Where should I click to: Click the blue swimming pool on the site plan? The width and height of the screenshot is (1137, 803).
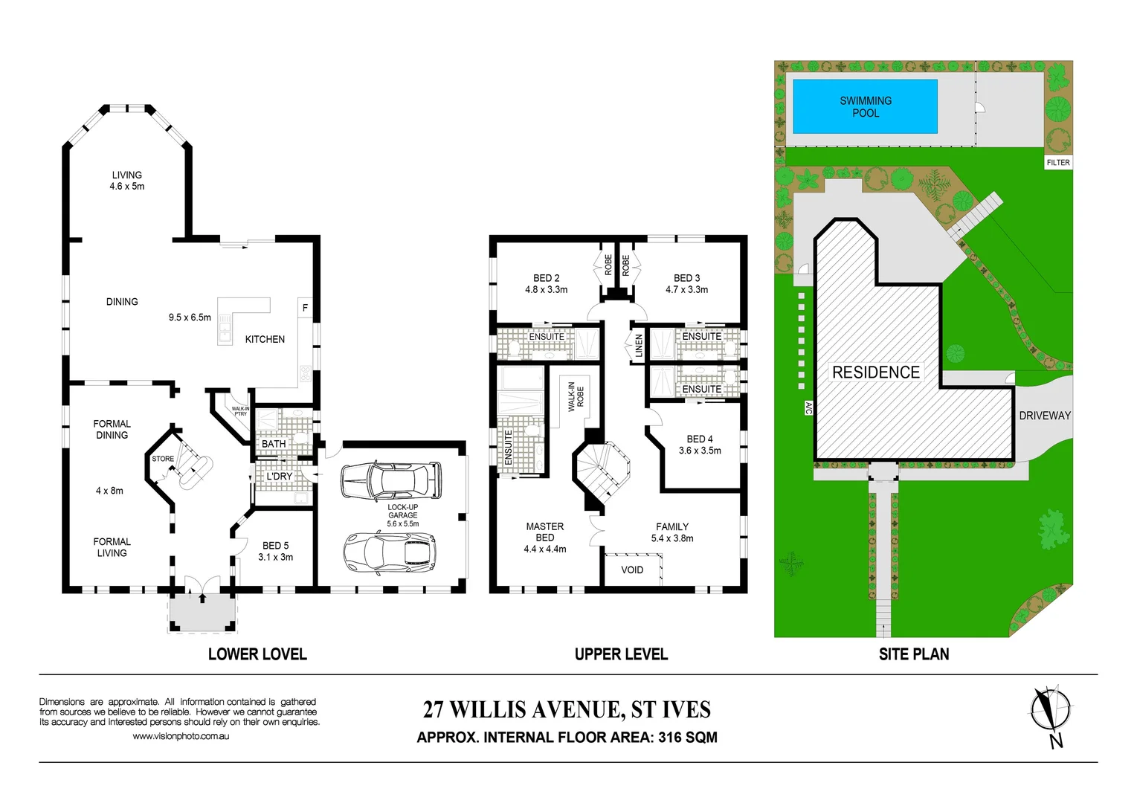(864, 106)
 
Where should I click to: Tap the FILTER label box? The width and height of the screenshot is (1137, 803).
(1057, 162)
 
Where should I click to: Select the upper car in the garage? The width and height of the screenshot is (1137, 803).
(390, 480)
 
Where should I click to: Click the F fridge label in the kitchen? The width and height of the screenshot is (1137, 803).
(305, 308)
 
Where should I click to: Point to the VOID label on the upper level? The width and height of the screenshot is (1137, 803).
(632, 570)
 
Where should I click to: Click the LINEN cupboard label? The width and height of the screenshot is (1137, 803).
(638, 346)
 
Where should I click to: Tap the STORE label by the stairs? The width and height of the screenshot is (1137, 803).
(163, 459)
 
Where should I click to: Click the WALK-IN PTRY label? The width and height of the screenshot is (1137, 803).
(240, 411)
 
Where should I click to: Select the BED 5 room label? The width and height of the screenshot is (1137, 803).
(275, 546)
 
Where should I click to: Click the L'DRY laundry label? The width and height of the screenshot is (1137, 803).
(280, 476)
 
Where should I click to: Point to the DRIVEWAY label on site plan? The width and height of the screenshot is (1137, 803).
(1044, 416)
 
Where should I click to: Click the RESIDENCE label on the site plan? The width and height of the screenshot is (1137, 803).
(875, 372)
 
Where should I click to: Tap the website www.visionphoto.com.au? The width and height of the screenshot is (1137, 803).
(181, 736)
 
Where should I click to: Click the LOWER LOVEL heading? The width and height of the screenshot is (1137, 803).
(257, 654)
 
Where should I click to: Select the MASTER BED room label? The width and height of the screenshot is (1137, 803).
(544, 532)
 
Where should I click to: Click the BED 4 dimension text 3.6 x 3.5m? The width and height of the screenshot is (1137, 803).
(700, 451)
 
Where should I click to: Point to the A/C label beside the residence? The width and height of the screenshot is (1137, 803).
(808, 407)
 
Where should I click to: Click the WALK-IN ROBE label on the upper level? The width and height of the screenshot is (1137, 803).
(576, 397)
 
